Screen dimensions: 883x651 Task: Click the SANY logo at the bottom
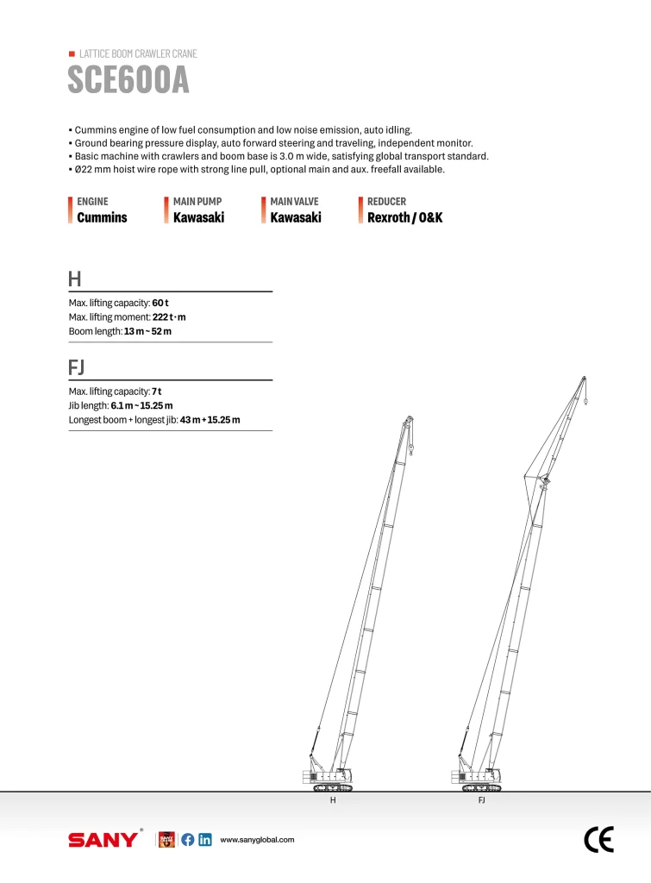[103, 839]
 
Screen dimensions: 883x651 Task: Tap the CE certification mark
[598, 839]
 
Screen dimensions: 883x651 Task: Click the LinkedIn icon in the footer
[205, 839]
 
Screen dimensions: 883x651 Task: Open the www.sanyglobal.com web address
[258, 839]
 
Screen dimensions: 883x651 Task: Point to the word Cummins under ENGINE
[102, 217]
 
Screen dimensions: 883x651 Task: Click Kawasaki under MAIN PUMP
[198, 217]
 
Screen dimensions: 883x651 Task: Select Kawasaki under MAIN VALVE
[295, 217]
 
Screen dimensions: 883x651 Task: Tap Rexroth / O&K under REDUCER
[404, 217]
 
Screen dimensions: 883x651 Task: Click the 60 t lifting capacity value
[160, 303]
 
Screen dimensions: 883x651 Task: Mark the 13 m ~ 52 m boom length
[147, 332]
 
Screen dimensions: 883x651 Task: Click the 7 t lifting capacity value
[157, 391]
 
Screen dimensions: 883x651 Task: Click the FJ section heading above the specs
[76, 367]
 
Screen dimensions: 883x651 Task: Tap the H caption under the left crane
[333, 801]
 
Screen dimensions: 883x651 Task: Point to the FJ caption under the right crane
[482, 801]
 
